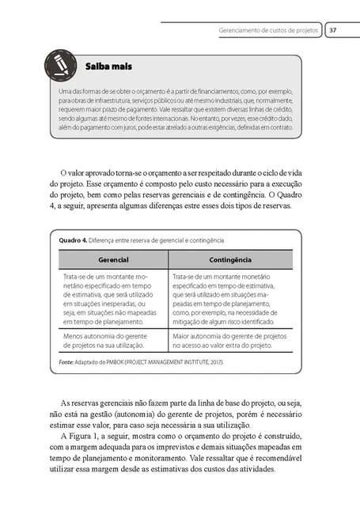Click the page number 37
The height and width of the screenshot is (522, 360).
[x=334, y=31]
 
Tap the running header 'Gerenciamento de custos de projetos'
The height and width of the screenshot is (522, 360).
[x=268, y=31]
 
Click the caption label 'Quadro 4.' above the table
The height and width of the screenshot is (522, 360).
[x=73, y=240]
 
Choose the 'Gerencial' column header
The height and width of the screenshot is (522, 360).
[x=113, y=259]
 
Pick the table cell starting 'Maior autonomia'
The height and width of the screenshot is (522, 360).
[x=229, y=342]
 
